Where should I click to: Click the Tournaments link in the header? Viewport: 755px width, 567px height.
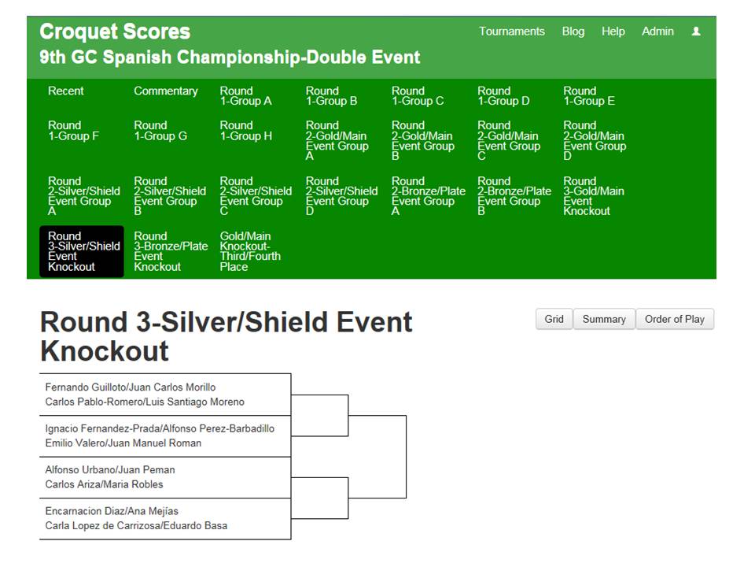[512, 31]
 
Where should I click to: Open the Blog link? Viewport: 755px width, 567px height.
[573, 31]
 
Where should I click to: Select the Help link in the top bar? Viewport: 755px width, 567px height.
[613, 31]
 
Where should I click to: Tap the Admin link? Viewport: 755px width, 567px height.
[657, 31]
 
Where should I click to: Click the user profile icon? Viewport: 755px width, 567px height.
[696, 31]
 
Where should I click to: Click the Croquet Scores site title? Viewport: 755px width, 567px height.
[115, 31]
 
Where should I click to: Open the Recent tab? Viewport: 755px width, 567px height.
[66, 91]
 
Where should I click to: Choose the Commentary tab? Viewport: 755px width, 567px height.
[166, 91]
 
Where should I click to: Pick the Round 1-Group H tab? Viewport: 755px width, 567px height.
[246, 131]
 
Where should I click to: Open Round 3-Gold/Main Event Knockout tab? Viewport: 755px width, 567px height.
[594, 196]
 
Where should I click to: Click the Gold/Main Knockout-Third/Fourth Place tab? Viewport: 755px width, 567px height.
[250, 251]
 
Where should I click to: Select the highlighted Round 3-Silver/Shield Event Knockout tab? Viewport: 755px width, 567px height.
[82, 251]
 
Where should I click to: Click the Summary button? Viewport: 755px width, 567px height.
[604, 319]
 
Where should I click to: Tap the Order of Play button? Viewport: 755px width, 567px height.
[675, 319]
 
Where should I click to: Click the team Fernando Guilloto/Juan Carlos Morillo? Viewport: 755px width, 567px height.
[131, 387]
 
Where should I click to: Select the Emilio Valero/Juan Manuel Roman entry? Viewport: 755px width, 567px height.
[123, 443]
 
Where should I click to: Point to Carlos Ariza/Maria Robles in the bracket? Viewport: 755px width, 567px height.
[104, 484]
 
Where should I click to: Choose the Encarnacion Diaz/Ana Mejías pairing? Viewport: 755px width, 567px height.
[112, 511]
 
